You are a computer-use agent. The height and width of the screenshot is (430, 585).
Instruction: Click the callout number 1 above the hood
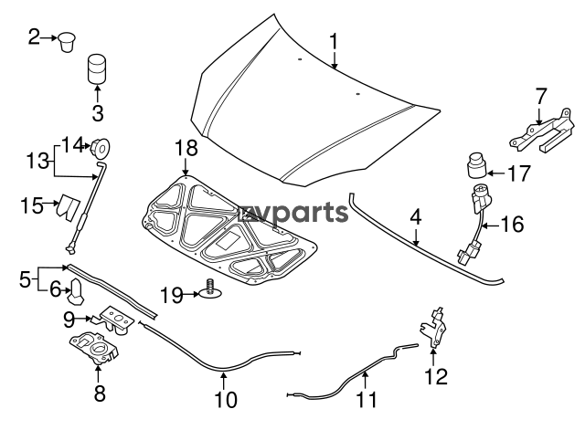point(335,41)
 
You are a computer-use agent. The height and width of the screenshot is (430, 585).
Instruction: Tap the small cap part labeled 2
point(69,40)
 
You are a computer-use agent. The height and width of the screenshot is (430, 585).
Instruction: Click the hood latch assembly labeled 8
point(95,347)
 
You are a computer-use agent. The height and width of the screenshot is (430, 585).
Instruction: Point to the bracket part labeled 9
point(115,317)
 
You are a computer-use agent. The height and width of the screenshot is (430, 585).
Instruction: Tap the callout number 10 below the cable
point(225,399)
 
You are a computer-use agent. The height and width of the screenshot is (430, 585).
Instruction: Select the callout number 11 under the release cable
point(365,399)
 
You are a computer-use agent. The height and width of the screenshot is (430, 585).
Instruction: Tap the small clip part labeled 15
point(67,205)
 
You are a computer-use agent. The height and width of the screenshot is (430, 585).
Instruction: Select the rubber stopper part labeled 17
point(473,167)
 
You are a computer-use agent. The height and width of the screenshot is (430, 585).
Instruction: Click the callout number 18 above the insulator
point(186,147)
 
